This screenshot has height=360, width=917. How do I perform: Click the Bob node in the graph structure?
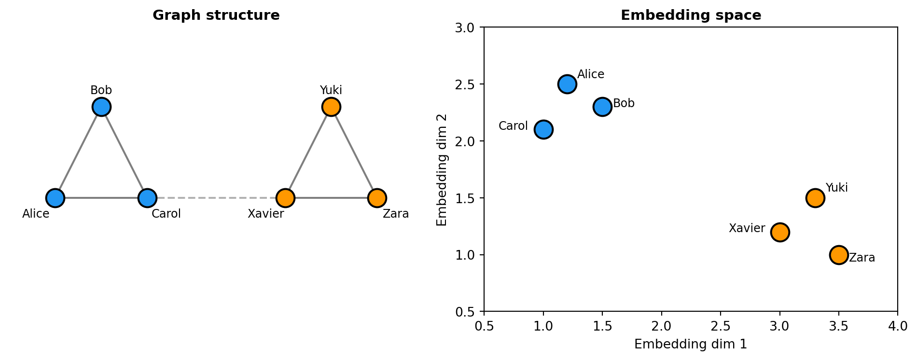pos(101,107)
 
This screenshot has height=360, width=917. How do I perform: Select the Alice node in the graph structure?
pos(55,197)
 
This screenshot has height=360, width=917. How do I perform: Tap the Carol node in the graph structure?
pos(147,197)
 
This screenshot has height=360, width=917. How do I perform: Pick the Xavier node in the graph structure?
pos(285,197)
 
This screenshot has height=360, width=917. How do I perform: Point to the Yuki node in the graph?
pos(331,107)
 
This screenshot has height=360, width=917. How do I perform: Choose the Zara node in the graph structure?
pos(377,197)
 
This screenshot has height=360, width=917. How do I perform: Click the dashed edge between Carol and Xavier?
pos(216,197)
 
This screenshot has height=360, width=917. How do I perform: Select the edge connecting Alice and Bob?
pos(78,152)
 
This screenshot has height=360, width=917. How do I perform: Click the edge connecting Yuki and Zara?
pos(354,152)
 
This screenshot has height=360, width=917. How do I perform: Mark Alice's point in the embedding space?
pos(567,84)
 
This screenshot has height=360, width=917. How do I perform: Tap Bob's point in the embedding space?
pos(602,107)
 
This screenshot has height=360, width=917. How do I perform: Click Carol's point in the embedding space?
pos(543,129)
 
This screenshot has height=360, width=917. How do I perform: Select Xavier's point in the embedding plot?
pos(780,232)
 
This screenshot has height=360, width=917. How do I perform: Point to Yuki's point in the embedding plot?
pos(815,198)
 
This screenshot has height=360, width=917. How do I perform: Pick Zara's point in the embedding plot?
pos(839,254)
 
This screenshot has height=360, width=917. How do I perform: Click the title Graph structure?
pos(216,15)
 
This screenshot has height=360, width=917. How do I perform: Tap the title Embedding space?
pos(691,15)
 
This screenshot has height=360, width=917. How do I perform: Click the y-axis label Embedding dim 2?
pos(442,170)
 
